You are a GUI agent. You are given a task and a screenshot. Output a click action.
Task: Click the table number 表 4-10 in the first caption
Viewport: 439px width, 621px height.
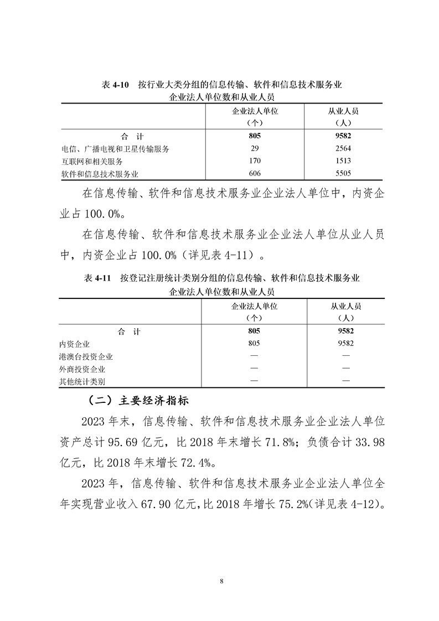[115, 85]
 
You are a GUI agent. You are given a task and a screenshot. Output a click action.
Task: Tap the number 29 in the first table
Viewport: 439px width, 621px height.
[255, 148]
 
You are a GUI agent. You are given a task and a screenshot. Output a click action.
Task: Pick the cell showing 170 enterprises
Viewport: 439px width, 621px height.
[255, 161]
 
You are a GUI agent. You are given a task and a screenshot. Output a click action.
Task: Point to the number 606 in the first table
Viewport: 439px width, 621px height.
[255, 174]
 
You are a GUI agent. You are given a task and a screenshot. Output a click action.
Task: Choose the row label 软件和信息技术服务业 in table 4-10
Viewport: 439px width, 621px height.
[99, 174]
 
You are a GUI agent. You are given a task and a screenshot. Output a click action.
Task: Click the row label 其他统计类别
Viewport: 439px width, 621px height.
[82, 381]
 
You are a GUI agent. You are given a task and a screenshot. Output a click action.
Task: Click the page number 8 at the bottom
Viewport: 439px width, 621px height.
[221, 581]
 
